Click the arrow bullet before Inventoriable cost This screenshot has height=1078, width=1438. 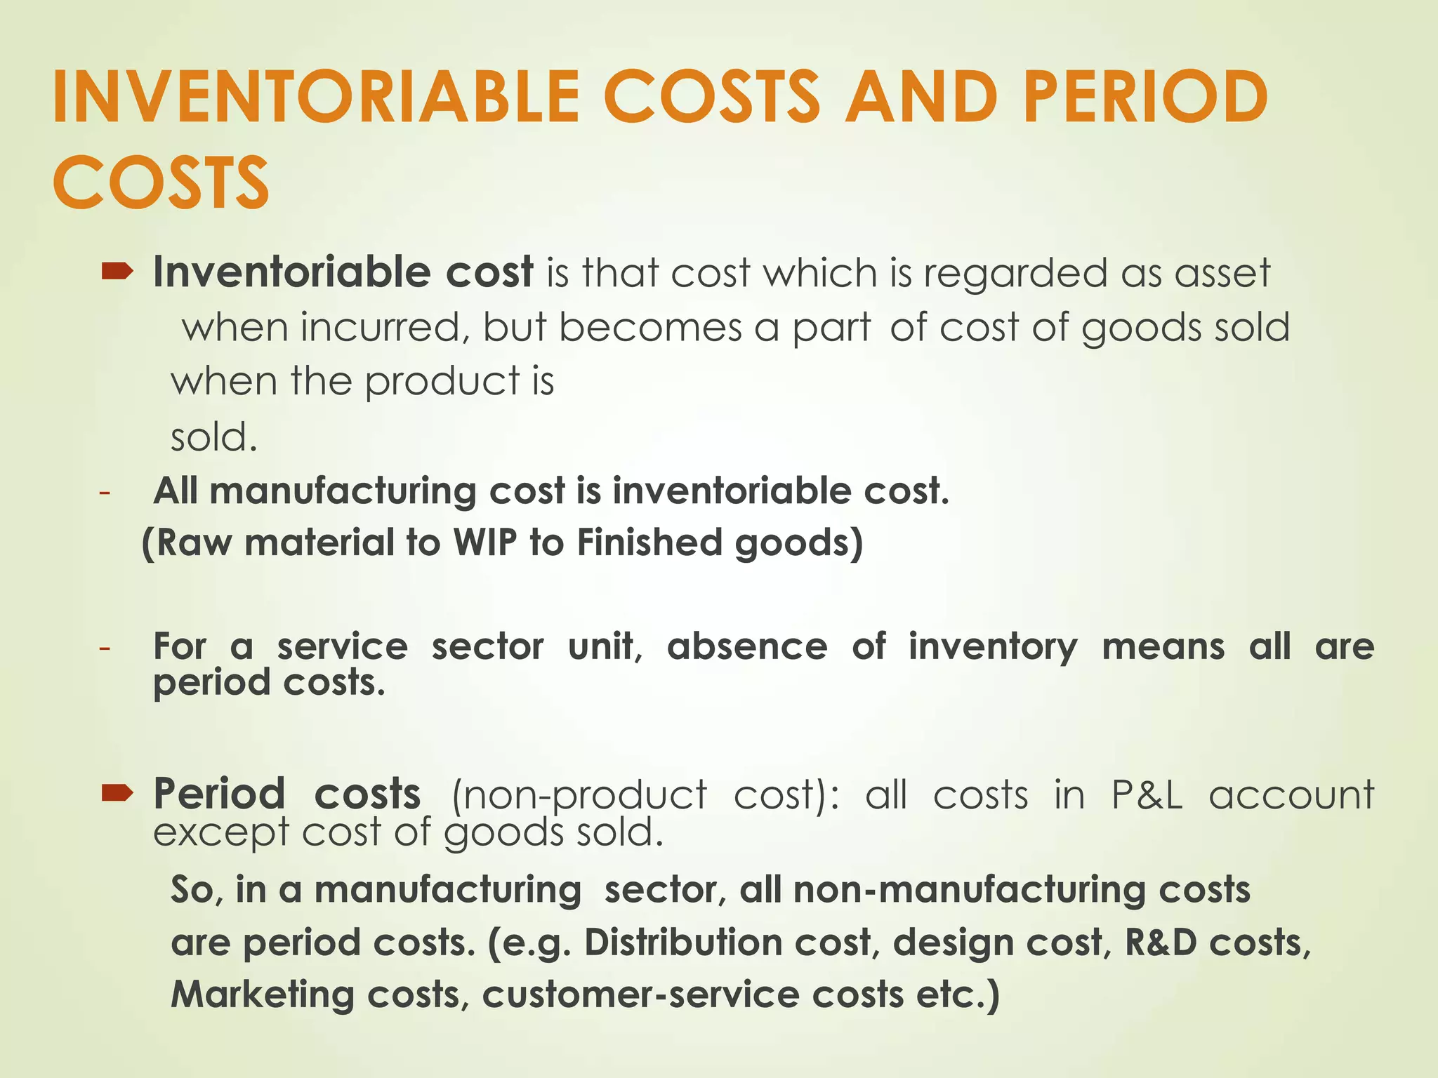[x=117, y=272]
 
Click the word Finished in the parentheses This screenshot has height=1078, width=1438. [x=649, y=543]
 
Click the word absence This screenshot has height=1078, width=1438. [x=747, y=646]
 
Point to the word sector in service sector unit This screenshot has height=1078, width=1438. [x=487, y=646]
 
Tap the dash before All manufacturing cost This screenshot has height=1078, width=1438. [x=105, y=492]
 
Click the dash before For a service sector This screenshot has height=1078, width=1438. [x=105, y=648]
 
